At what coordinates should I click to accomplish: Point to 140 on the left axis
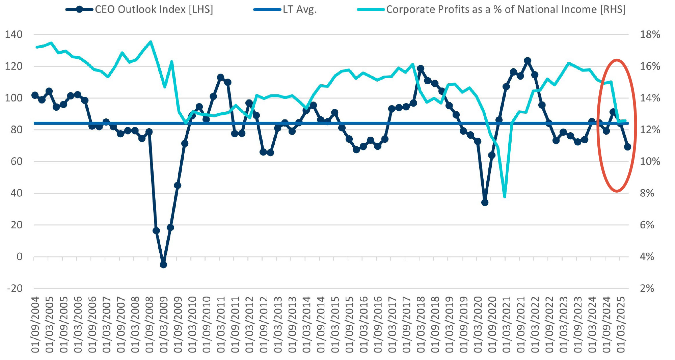click(14, 34)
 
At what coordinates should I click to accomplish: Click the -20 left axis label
click(15, 288)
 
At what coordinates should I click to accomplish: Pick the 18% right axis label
click(650, 34)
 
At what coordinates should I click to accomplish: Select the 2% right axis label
click(647, 288)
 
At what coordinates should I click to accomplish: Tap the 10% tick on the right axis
click(650, 161)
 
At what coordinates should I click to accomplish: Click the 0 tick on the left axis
click(20, 257)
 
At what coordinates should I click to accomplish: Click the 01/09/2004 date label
click(35, 325)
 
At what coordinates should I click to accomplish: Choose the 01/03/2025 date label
click(621, 325)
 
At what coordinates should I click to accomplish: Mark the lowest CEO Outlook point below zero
click(163, 265)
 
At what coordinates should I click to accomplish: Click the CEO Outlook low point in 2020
click(485, 202)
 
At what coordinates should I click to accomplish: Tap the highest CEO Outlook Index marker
click(528, 61)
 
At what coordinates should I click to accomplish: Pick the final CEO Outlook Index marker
click(627, 147)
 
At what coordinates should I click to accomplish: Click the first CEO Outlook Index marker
click(35, 95)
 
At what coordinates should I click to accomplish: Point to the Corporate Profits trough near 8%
click(505, 196)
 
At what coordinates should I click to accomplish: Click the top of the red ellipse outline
click(617, 60)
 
